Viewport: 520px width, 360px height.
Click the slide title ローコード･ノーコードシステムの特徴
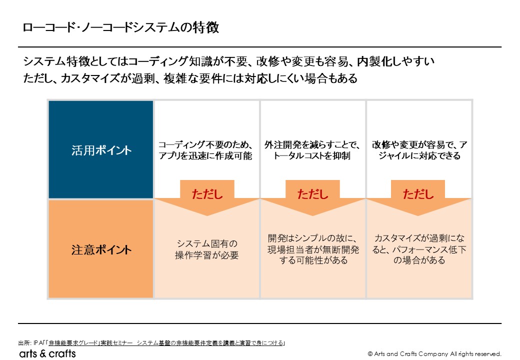click(x=120, y=27)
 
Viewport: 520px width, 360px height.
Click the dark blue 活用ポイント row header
click(x=101, y=150)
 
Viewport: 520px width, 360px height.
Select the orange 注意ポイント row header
click(x=101, y=249)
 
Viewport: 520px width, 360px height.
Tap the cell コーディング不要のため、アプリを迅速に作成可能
click(x=206, y=150)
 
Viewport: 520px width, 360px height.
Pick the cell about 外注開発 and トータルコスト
click(x=312, y=150)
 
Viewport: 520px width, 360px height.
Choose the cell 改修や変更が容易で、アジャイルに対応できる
click(x=419, y=150)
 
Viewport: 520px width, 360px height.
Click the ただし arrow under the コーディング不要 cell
click(x=207, y=197)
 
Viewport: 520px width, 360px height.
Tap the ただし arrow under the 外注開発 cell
click(x=312, y=197)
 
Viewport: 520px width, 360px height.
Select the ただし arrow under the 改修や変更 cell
click(x=418, y=197)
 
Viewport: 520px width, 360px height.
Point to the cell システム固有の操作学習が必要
click(x=206, y=249)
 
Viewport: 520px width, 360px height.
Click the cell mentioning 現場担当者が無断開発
click(x=312, y=249)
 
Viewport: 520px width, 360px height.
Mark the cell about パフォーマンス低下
click(x=419, y=249)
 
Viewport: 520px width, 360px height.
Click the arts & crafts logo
click(x=47, y=353)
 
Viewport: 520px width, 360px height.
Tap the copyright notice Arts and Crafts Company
click(x=434, y=354)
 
